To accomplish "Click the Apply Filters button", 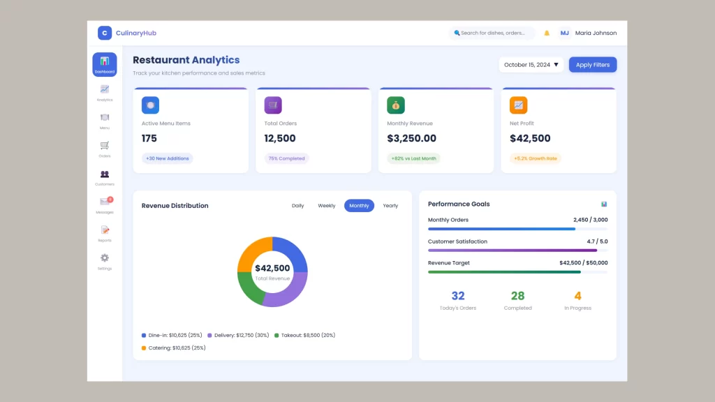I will pyautogui.click(x=593, y=65).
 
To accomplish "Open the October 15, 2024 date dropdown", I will pyautogui.click(x=531, y=65).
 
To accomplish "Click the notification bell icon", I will pyautogui.click(x=547, y=33).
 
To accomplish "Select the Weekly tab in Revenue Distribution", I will pyautogui.click(x=327, y=206).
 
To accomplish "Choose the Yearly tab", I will pyautogui.click(x=390, y=206).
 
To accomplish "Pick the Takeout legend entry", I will pyautogui.click(x=304, y=336).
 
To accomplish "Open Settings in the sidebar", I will pyautogui.click(x=105, y=261).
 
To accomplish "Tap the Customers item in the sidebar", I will pyautogui.click(x=105, y=177).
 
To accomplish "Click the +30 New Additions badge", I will pyautogui.click(x=168, y=158).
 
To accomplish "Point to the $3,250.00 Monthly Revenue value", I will pyautogui.click(x=411, y=138).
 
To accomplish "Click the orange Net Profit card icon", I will pyautogui.click(x=518, y=105).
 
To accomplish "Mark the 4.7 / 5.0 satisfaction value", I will pyautogui.click(x=597, y=241).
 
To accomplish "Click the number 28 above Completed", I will pyautogui.click(x=517, y=296).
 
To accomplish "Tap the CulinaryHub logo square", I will pyautogui.click(x=105, y=33).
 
